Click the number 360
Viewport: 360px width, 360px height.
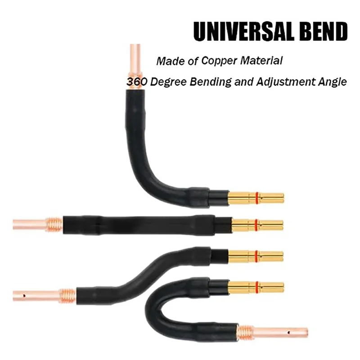[x=134, y=82]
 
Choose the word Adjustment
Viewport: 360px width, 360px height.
[x=279, y=82]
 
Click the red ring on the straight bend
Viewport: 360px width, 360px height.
[x=256, y=225]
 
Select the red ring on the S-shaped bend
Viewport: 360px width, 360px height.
[x=256, y=256]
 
